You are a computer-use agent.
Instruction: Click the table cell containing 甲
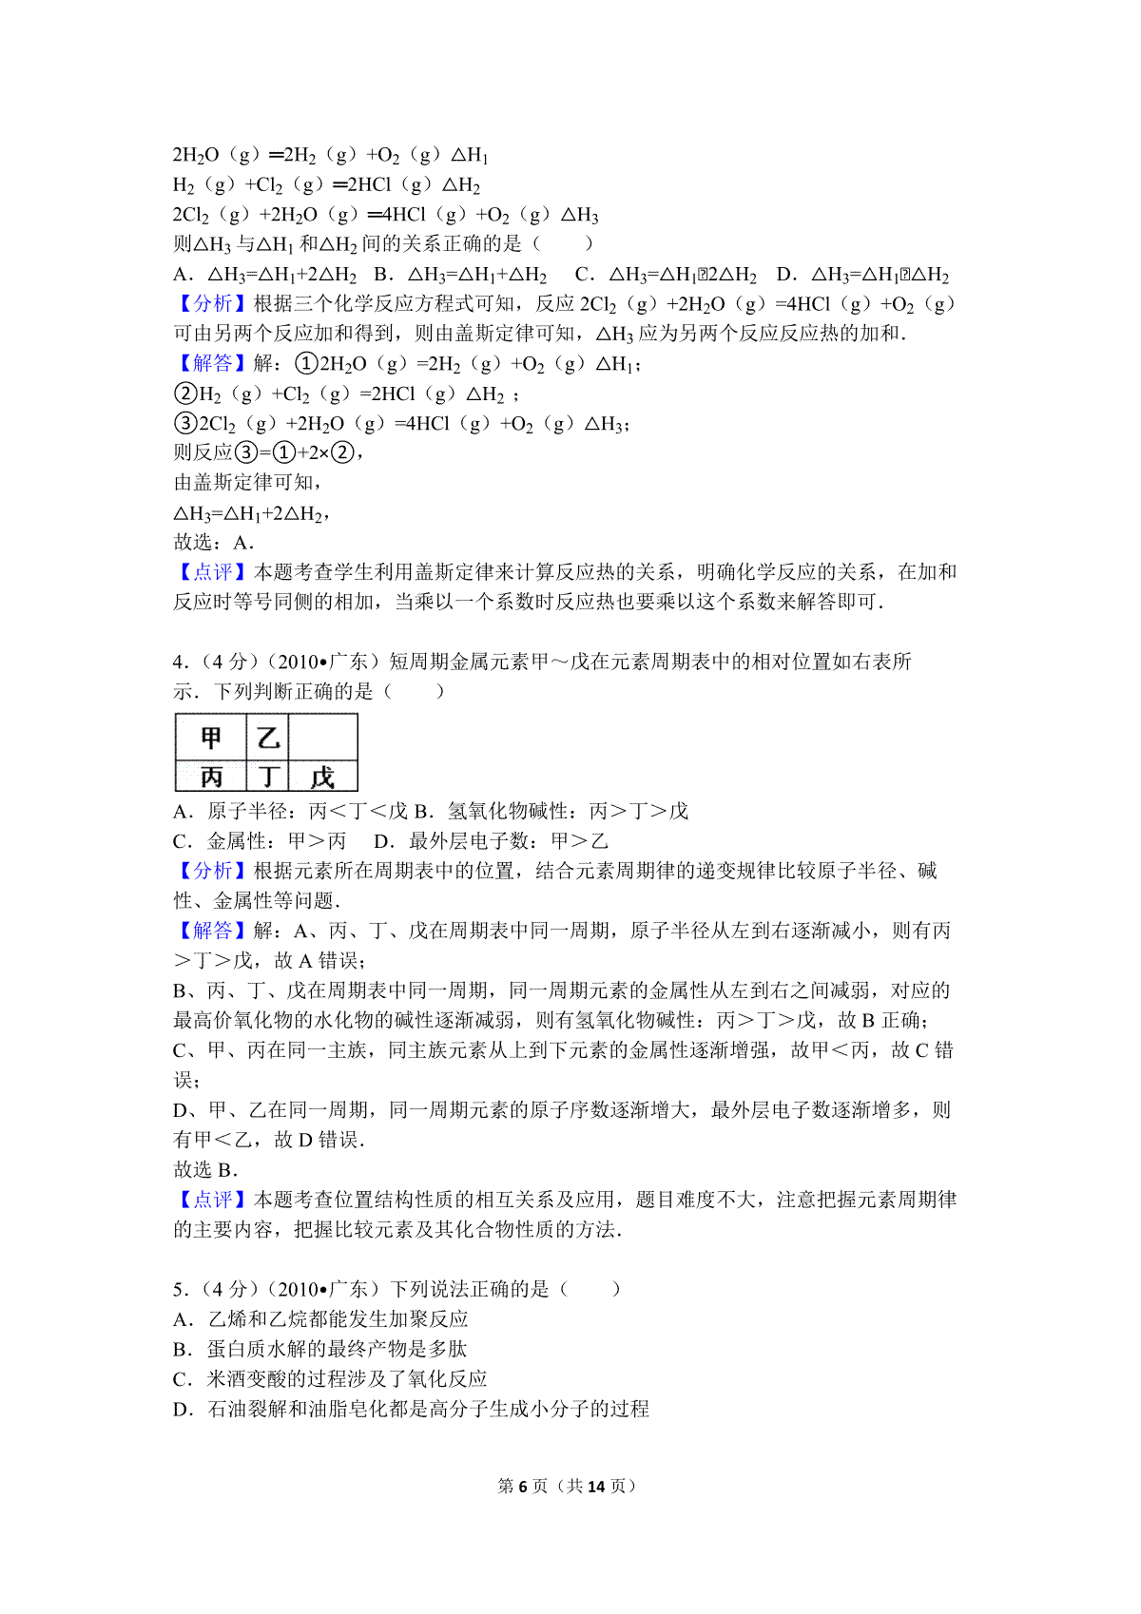(x=210, y=738)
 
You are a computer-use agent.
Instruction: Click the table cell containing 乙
(x=267, y=738)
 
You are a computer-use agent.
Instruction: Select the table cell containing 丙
(x=210, y=777)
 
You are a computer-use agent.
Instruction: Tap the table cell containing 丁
(x=267, y=777)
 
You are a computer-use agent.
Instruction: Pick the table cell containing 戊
(x=322, y=777)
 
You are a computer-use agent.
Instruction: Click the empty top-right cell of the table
(x=322, y=738)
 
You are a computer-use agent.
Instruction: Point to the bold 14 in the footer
(x=596, y=1486)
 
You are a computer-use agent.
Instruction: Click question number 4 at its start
(x=179, y=662)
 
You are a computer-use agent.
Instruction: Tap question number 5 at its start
(x=179, y=1289)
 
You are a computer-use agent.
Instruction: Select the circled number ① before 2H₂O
(x=306, y=363)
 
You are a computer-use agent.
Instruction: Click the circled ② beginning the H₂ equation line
(x=185, y=394)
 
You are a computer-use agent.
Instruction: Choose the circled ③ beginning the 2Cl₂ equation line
(x=185, y=423)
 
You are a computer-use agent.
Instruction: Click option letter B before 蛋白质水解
(x=181, y=1349)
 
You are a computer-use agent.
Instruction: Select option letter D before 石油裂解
(x=182, y=1409)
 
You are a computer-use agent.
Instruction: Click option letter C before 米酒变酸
(x=181, y=1379)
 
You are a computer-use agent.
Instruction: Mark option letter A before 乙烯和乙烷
(x=181, y=1319)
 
